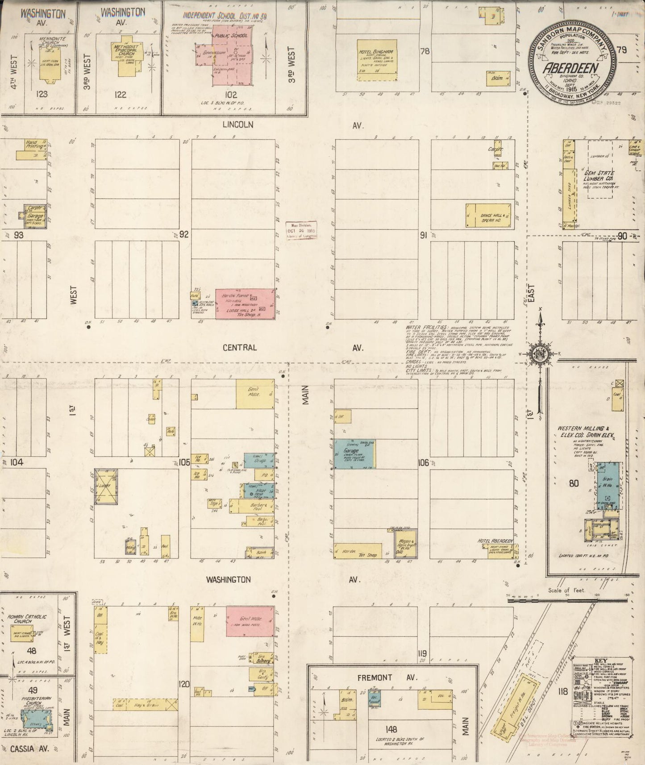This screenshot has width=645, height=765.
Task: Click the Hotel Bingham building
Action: [x=376, y=60]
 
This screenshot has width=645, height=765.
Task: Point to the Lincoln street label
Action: [x=239, y=125]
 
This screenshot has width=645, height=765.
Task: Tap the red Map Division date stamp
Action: [x=301, y=230]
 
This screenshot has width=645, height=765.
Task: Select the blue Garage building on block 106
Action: [x=354, y=454]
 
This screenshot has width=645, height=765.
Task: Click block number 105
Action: [x=184, y=462]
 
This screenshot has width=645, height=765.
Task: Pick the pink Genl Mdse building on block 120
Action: [x=250, y=620]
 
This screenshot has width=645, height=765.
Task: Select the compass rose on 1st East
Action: [x=541, y=353]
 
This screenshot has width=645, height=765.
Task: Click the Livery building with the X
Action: [x=106, y=486]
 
